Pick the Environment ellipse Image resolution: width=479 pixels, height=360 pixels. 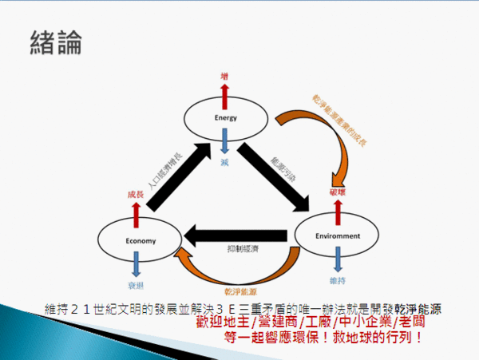335,235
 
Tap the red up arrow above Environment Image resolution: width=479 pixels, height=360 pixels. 336,207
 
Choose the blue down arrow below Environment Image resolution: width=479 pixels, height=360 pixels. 336,262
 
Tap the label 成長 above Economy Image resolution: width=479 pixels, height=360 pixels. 136,193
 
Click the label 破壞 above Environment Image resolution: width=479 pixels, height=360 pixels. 338,192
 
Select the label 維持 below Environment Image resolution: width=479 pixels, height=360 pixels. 337,281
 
